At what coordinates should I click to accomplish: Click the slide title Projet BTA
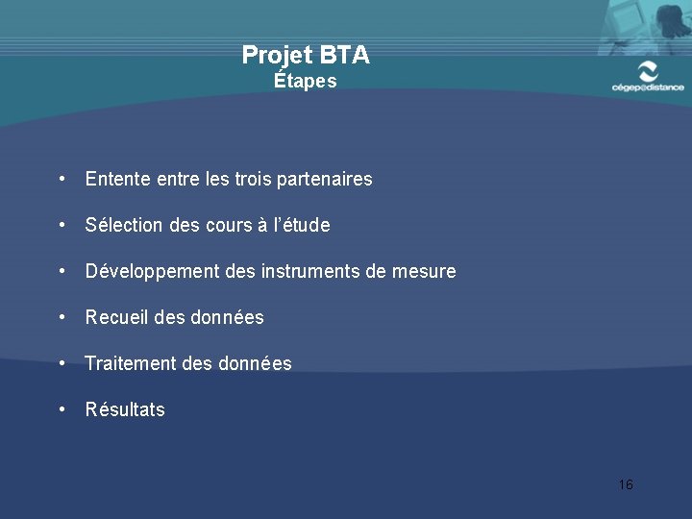pos(306,55)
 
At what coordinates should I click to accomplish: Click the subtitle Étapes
pos(306,81)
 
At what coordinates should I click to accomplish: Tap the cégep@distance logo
pos(648,76)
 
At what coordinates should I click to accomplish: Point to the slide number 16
pos(626,484)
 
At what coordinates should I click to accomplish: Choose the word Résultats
pos(125,409)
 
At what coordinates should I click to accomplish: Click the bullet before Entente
pos(62,179)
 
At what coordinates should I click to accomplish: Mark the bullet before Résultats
pos(62,408)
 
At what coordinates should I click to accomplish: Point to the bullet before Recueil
pos(62,316)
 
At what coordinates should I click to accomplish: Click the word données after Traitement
pos(254,363)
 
